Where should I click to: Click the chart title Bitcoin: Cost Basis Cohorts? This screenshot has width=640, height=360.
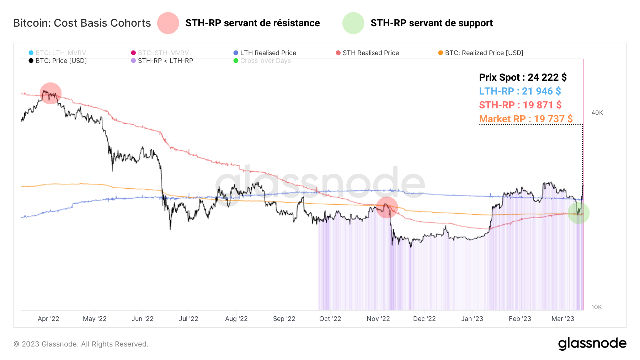(x=82, y=23)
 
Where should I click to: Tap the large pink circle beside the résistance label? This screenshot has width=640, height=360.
(x=168, y=23)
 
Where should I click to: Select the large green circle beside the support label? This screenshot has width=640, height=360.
(x=353, y=23)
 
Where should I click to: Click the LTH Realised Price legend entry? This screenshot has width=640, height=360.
(x=265, y=53)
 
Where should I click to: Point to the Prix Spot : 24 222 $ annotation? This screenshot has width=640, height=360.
(x=523, y=77)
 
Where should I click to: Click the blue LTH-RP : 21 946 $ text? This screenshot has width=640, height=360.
(x=520, y=91)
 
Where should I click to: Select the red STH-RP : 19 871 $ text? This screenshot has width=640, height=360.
(x=520, y=105)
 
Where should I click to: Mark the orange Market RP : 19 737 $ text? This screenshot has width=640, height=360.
(x=526, y=119)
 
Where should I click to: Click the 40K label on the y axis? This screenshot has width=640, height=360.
(x=597, y=113)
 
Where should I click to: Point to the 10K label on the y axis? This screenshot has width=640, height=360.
(x=596, y=307)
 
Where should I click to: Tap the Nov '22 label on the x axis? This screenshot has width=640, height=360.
(x=378, y=319)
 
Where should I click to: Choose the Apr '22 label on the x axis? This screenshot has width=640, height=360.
(x=48, y=319)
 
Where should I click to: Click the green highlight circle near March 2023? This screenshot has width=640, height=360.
(x=578, y=213)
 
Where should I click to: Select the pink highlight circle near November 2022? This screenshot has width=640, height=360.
(x=386, y=207)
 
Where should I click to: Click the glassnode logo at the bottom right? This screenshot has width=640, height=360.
(x=592, y=344)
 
